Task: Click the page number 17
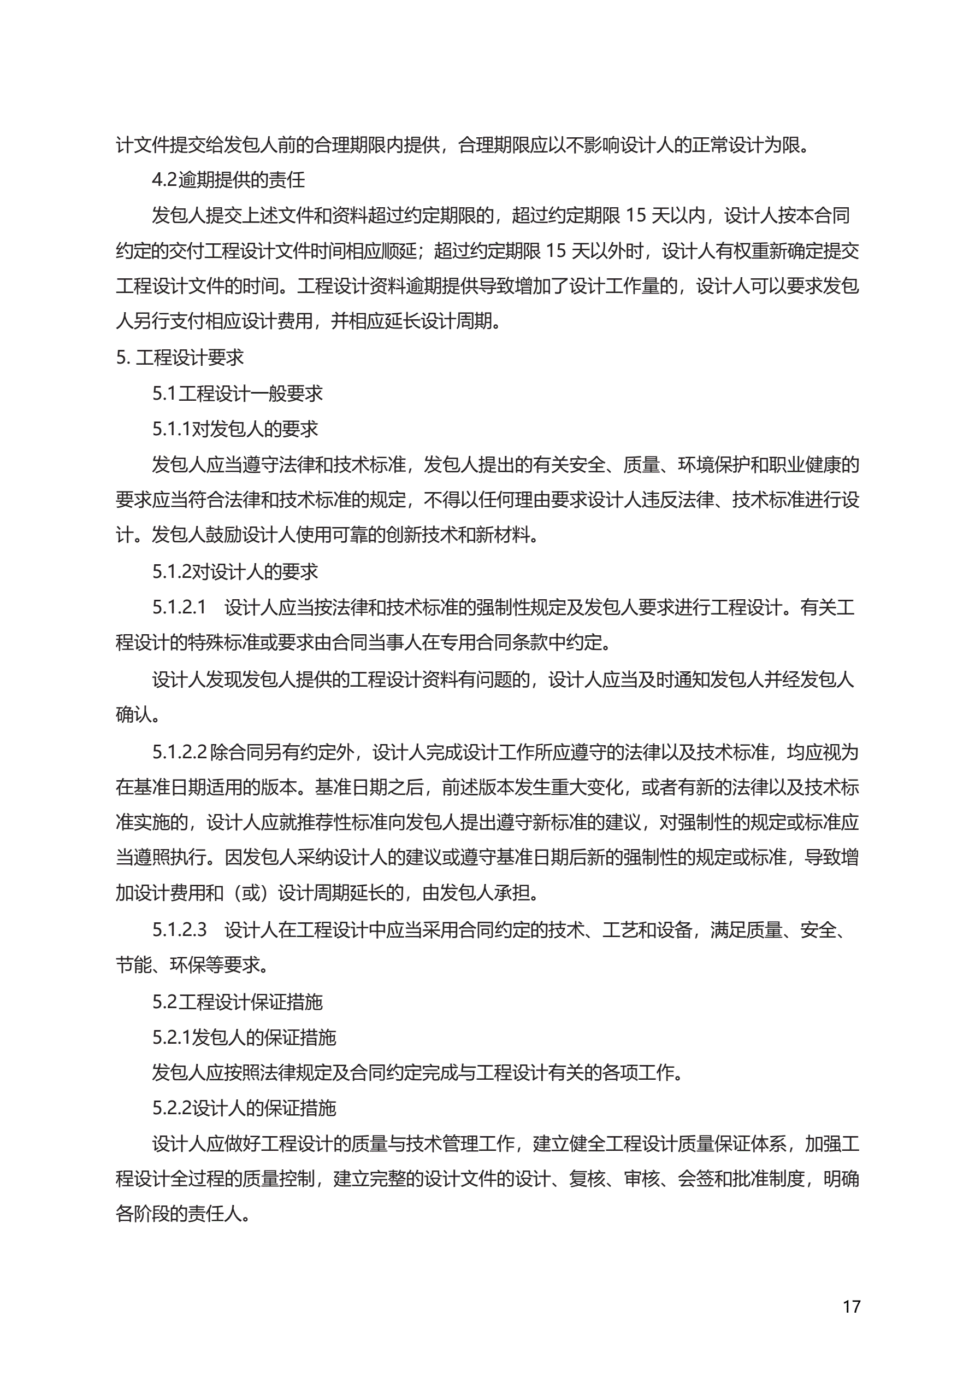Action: [x=851, y=1307]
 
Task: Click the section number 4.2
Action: [x=164, y=180]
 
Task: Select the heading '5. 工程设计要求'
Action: [x=180, y=358]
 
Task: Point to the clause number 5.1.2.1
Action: [x=179, y=607]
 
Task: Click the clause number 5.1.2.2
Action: [x=179, y=752]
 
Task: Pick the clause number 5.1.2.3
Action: [x=179, y=931]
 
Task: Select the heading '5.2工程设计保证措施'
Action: [x=238, y=1002]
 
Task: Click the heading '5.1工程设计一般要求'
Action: [x=238, y=394]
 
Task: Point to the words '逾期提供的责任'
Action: [x=241, y=180]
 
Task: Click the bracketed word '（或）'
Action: [x=251, y=894]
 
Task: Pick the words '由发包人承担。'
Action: [x=481, y=894]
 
